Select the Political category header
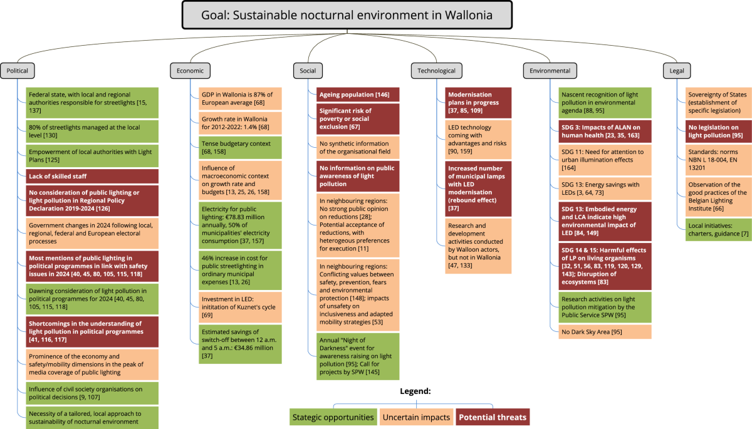[x=17, y=71]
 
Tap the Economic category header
[x=187, y=71]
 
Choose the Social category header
[x=308, y=71]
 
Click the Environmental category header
[x=550, y=71]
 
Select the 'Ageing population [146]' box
[x=357, y=95]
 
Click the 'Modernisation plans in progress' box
[x=478, y=102]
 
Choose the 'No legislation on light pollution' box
[x=718, y=130]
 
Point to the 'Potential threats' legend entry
[x=493, y=417]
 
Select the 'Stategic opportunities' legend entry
[x=333, y=417]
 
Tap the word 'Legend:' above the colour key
[x=415, y=391]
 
